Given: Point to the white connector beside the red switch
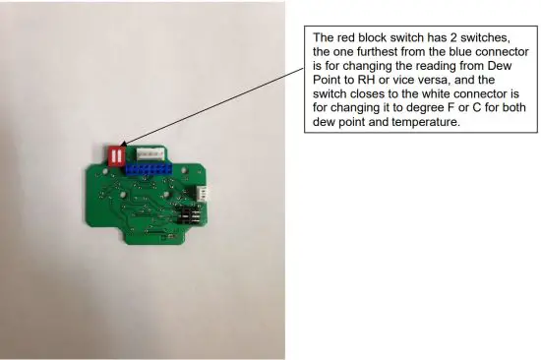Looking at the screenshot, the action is point(150,154).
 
